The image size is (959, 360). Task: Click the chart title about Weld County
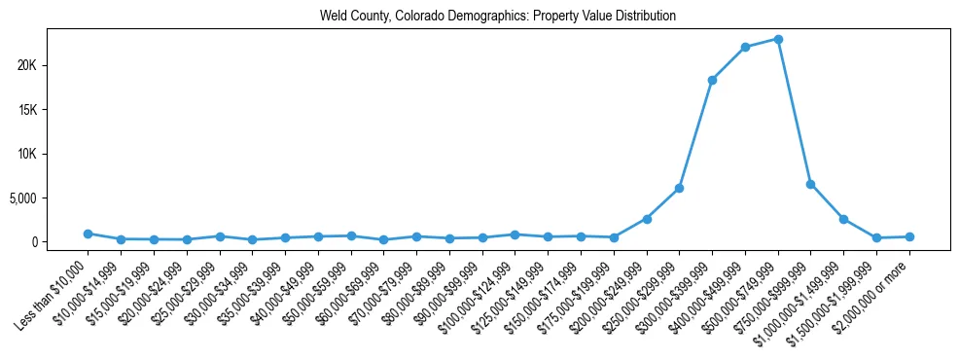point(497,17)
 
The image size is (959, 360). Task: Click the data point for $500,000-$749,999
point(778,39)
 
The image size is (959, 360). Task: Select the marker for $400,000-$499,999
point(745,47)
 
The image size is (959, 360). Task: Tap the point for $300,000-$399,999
point(712,80)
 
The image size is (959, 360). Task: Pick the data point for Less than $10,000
point(88,234)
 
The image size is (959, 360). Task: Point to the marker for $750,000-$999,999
point(810,184)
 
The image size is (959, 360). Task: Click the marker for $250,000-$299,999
point(679,188)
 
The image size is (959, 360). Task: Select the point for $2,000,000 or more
point(909,236)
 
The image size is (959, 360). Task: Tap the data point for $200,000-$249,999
point(647,219)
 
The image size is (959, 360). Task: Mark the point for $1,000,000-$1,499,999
point(843,219)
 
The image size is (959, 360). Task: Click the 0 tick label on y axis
point(59,242)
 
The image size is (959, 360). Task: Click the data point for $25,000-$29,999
point(220,236)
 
